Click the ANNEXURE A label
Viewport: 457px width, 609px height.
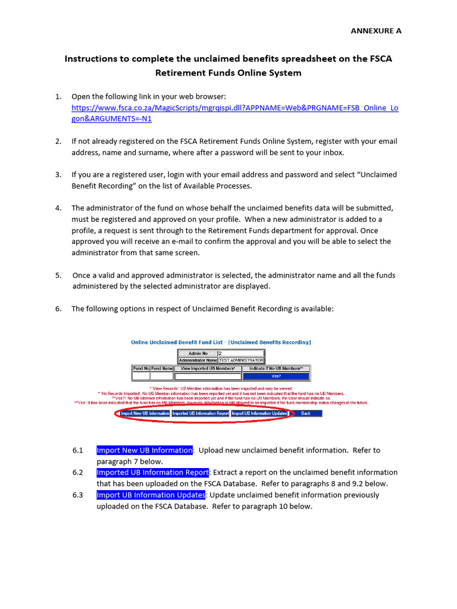coord(375,31)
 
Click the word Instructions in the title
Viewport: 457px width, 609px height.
coord(92,59)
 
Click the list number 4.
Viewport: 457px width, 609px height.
coord(58,208)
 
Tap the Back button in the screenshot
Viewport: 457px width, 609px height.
coord(305,413)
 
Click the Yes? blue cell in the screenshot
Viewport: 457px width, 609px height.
coord(276,376)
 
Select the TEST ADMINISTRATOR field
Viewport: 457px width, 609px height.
coord(241,360)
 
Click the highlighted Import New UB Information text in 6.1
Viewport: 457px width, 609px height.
coord(145,450)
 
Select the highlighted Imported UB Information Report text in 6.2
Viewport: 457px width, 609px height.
coord(152,473)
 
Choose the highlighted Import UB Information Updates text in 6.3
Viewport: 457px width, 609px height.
coord(151,495)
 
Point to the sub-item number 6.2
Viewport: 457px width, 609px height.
coord(78,473)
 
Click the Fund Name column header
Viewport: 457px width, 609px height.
coord(161,369)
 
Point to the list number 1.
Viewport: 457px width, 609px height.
coord(58,96)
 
